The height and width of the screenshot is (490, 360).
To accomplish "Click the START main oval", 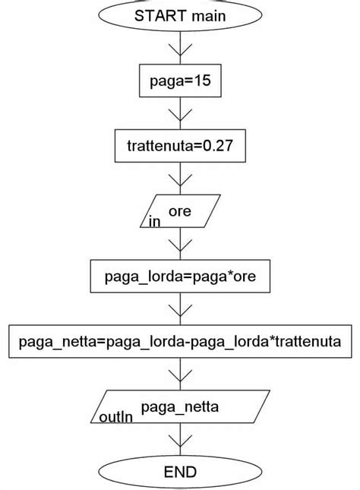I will click(x=180, y=15).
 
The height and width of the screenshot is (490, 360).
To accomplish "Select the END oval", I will click(x=180, y=472).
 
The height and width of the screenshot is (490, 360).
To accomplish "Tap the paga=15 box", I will click(x=180, y=81).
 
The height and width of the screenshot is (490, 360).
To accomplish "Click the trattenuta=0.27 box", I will click(x=180, y=147).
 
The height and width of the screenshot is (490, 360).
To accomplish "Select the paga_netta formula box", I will click(x=180, y=343).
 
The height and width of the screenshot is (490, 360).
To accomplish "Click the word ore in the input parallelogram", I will click(x=179, y=212).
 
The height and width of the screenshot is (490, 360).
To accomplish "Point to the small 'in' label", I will click(x=154, y=222).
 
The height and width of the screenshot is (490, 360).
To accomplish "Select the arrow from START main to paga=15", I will click(x=180, y=47).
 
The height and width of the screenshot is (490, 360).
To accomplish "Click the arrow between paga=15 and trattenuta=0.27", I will click(x=180, y=113).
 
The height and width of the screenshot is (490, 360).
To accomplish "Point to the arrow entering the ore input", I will click(x=180, y=179).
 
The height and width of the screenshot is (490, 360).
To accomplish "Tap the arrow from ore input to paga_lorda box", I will click(x=180, y=245).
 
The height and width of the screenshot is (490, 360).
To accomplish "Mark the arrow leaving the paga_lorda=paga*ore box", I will click(x=180, y=310).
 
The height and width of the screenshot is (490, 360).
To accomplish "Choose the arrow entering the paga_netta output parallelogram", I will click(x=180, y=375).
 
